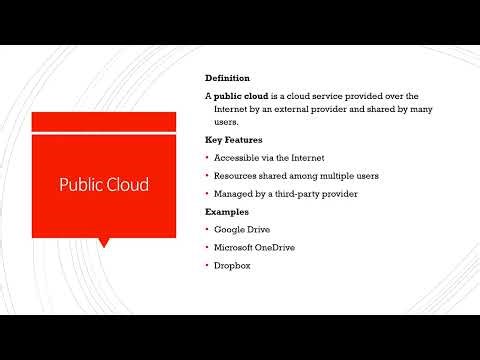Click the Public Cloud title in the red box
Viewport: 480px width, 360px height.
coord(104,185)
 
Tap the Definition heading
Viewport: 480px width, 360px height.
coord(227,77)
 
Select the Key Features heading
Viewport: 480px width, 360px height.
coord(233,140)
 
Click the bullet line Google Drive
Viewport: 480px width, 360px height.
coord(242,229)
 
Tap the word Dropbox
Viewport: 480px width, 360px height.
coord(233,265)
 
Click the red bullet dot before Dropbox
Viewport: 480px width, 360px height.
coord(206,265)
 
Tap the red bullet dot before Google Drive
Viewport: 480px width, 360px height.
coord(206,229)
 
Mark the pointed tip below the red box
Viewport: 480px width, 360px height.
coord(104,243)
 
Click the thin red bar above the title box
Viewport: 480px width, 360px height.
coord(104,121)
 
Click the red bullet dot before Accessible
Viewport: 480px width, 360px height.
coord(206,158)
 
